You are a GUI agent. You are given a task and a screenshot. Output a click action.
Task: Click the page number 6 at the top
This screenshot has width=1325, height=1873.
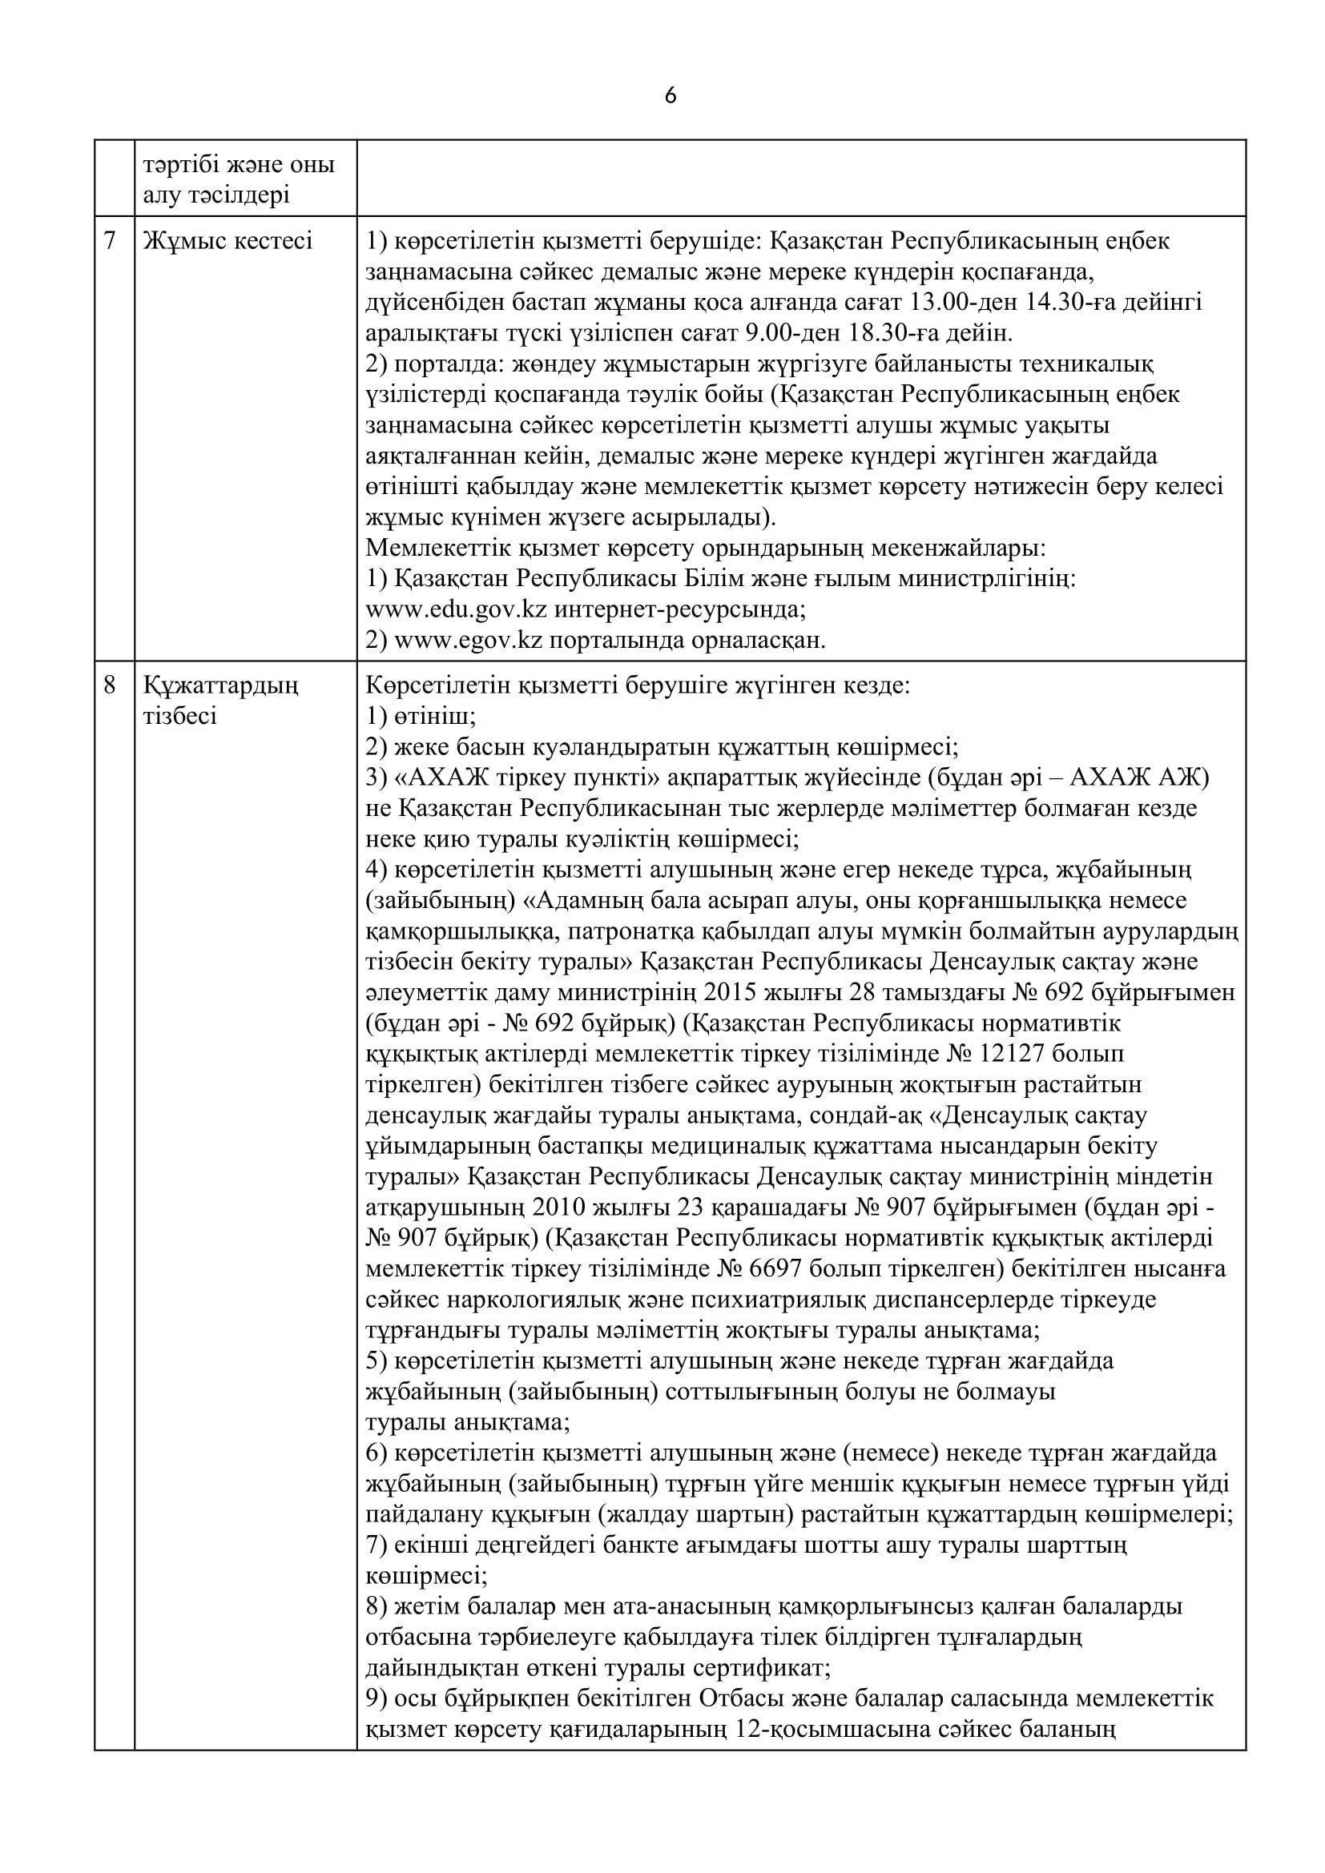(x=670, y=96)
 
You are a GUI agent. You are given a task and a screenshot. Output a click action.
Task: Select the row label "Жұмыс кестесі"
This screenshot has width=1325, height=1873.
(x=228, y=241)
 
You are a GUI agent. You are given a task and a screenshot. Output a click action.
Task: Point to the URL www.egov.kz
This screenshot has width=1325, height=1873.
(x=469, y=641)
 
